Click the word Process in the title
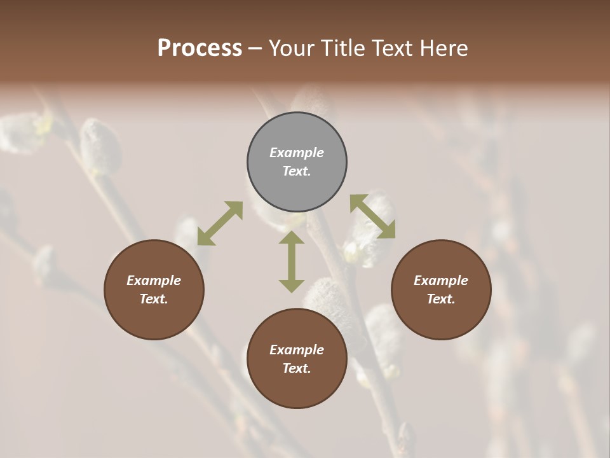[200, 48]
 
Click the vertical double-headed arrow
[292, 261]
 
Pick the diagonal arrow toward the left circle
[220, 223]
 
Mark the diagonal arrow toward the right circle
[372, 216]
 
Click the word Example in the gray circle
[297, 153]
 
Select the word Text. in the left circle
[154, 299]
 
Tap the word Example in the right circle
[441, 281]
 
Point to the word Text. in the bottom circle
[297, 368]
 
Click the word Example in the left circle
[154, 281]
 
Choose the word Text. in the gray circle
[297, 171]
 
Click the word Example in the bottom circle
[297, 350]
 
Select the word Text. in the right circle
[441, 299]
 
